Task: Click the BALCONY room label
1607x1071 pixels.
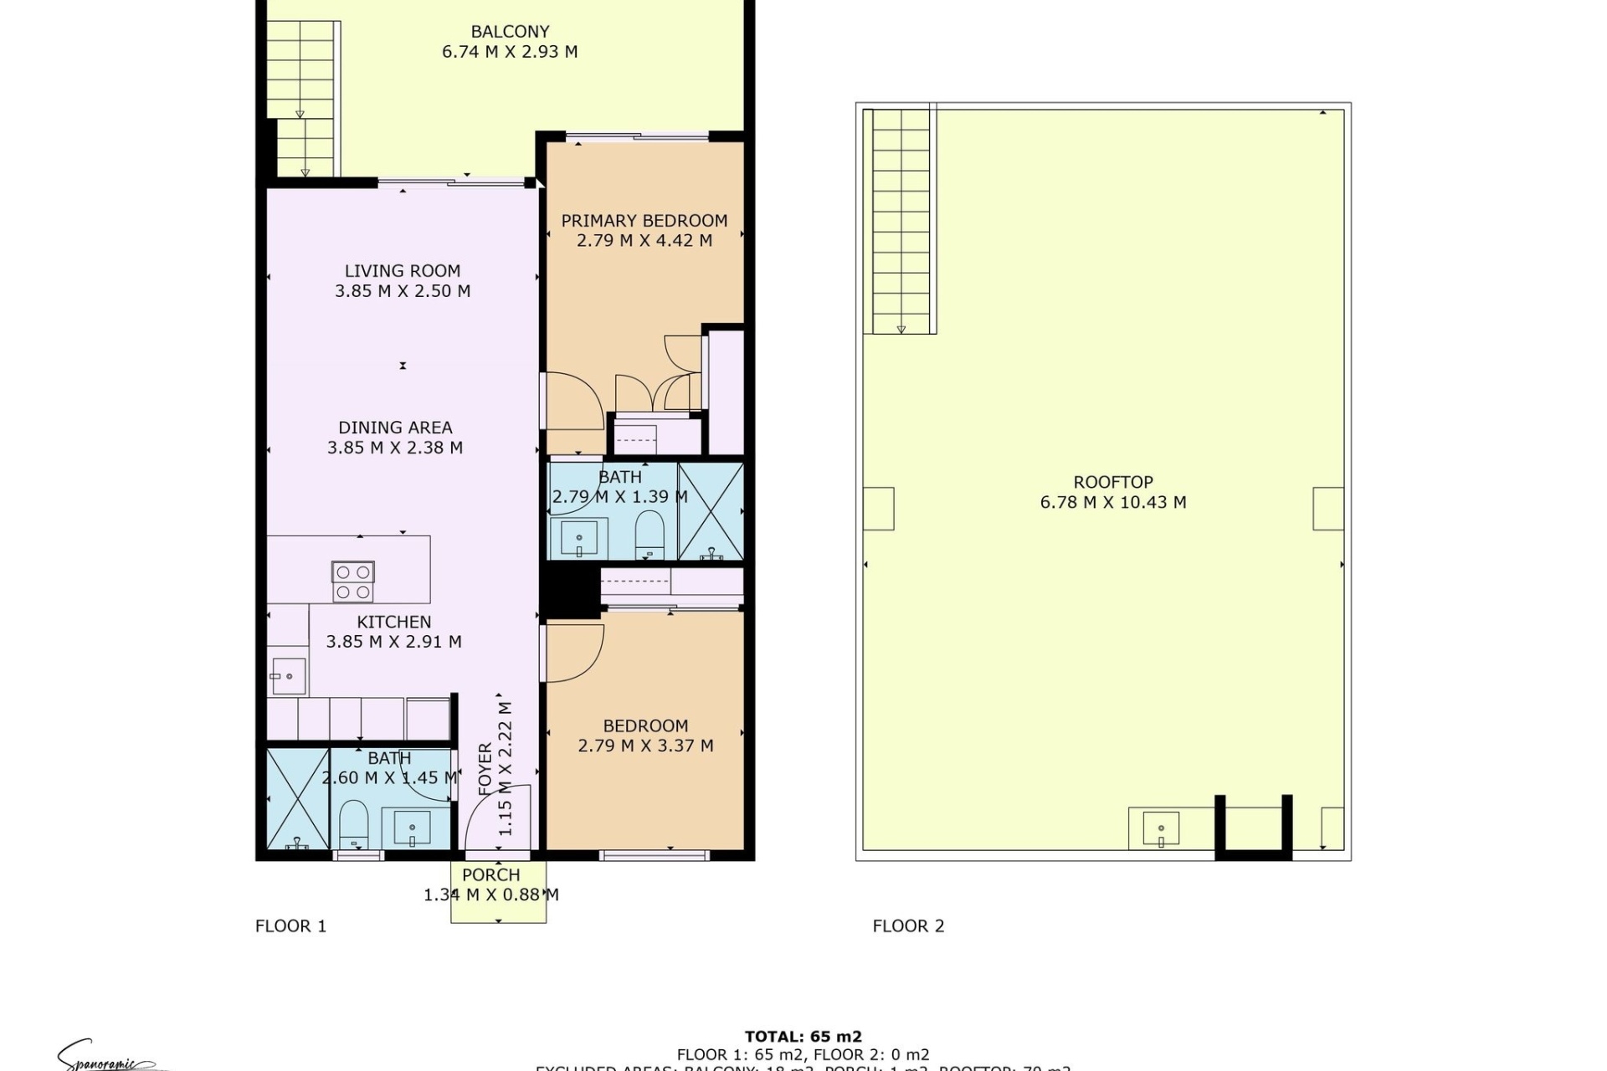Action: pyautogui.click(x=510, y=32)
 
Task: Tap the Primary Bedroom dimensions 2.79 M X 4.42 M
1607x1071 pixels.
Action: pyautogui.click(x=644, y=241)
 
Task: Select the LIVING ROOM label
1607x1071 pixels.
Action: pyautogui.click(x=402, y=271)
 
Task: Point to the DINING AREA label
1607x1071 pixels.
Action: pyautogui.click(x=395, y=428)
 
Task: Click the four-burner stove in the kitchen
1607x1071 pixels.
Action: pyautogui.click(x=353, y=582)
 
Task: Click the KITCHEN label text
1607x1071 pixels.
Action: pyautogui.click(x=393, y=622)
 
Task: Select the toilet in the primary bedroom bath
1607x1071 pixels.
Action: pyautogui.click(x=649, y=534)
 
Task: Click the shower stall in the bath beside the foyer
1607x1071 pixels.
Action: pyautogui.click(x=297, y=798)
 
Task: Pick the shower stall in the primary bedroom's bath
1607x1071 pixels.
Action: pyautogui.click(x=711, y=510)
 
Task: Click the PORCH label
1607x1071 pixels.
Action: pyautogui.click(x=490, y=875)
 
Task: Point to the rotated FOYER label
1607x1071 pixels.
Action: pyautogui.click(x=485, y=768)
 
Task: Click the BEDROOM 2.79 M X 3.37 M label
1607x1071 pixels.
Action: pyautogui.click(x=645, y=735)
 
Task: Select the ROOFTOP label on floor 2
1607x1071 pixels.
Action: pyautogui.click(x=1112, y=483)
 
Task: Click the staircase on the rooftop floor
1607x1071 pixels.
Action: pyautogui.click(x=901, y=222)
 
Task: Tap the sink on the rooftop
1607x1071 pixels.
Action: pyautogui.click(x=1161, y=829)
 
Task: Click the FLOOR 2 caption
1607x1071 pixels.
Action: pyautogui.click(x=908, y=926)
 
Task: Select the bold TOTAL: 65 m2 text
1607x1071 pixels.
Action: pyautogui.click(x=803, y=1038)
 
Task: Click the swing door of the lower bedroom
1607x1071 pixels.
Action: pyautogui.click(x=574, y=653)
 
